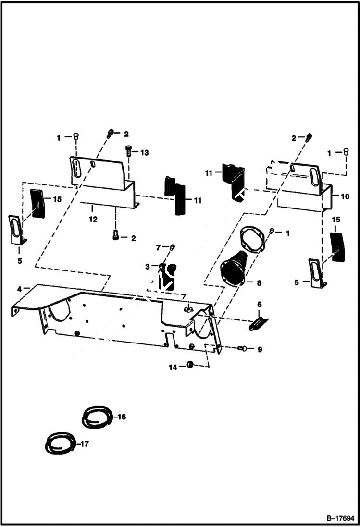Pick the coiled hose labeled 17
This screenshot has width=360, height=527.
pyautogui.click(x=60, y=444)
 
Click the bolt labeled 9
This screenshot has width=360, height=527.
pyautogui.click(x=242, y=348)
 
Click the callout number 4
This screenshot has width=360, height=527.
pyautogui.click(x=19, y=289)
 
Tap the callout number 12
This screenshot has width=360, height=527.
pyautogui.click(x=93, y=219)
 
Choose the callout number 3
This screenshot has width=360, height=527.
pyautogui.click(x=148, y=266)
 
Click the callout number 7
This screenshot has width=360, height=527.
pyautogui.click(x=157, y=247)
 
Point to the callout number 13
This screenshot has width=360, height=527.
pyautogui.click(x=144, y=152)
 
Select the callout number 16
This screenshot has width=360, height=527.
pyautogui.click(x=122, y=417)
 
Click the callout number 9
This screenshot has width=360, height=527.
pyautogui.click(x=259, y=349)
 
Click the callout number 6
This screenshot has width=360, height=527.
pyautogui.click(x=259, y=305)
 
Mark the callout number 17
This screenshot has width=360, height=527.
pyautogui.click(x=85, y=444)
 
